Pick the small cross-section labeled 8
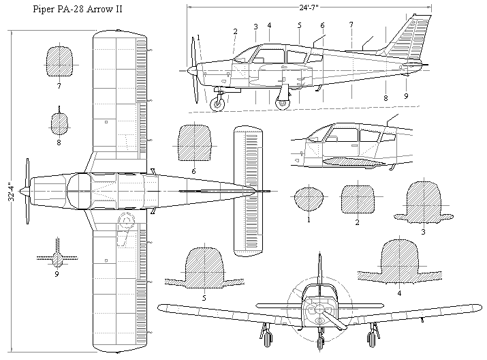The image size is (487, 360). (x=59, y=123)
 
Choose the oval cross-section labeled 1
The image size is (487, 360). (x=308, y=200)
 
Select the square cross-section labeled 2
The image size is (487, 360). (x=358, y=200)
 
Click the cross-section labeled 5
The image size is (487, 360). (x=204, y=269)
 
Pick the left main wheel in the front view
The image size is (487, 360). (x=266, y=337)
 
